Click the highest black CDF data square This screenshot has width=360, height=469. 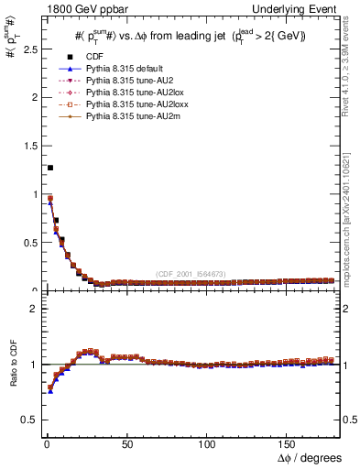49,168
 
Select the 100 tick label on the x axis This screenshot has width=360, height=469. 208,444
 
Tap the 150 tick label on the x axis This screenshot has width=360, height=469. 289,444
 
